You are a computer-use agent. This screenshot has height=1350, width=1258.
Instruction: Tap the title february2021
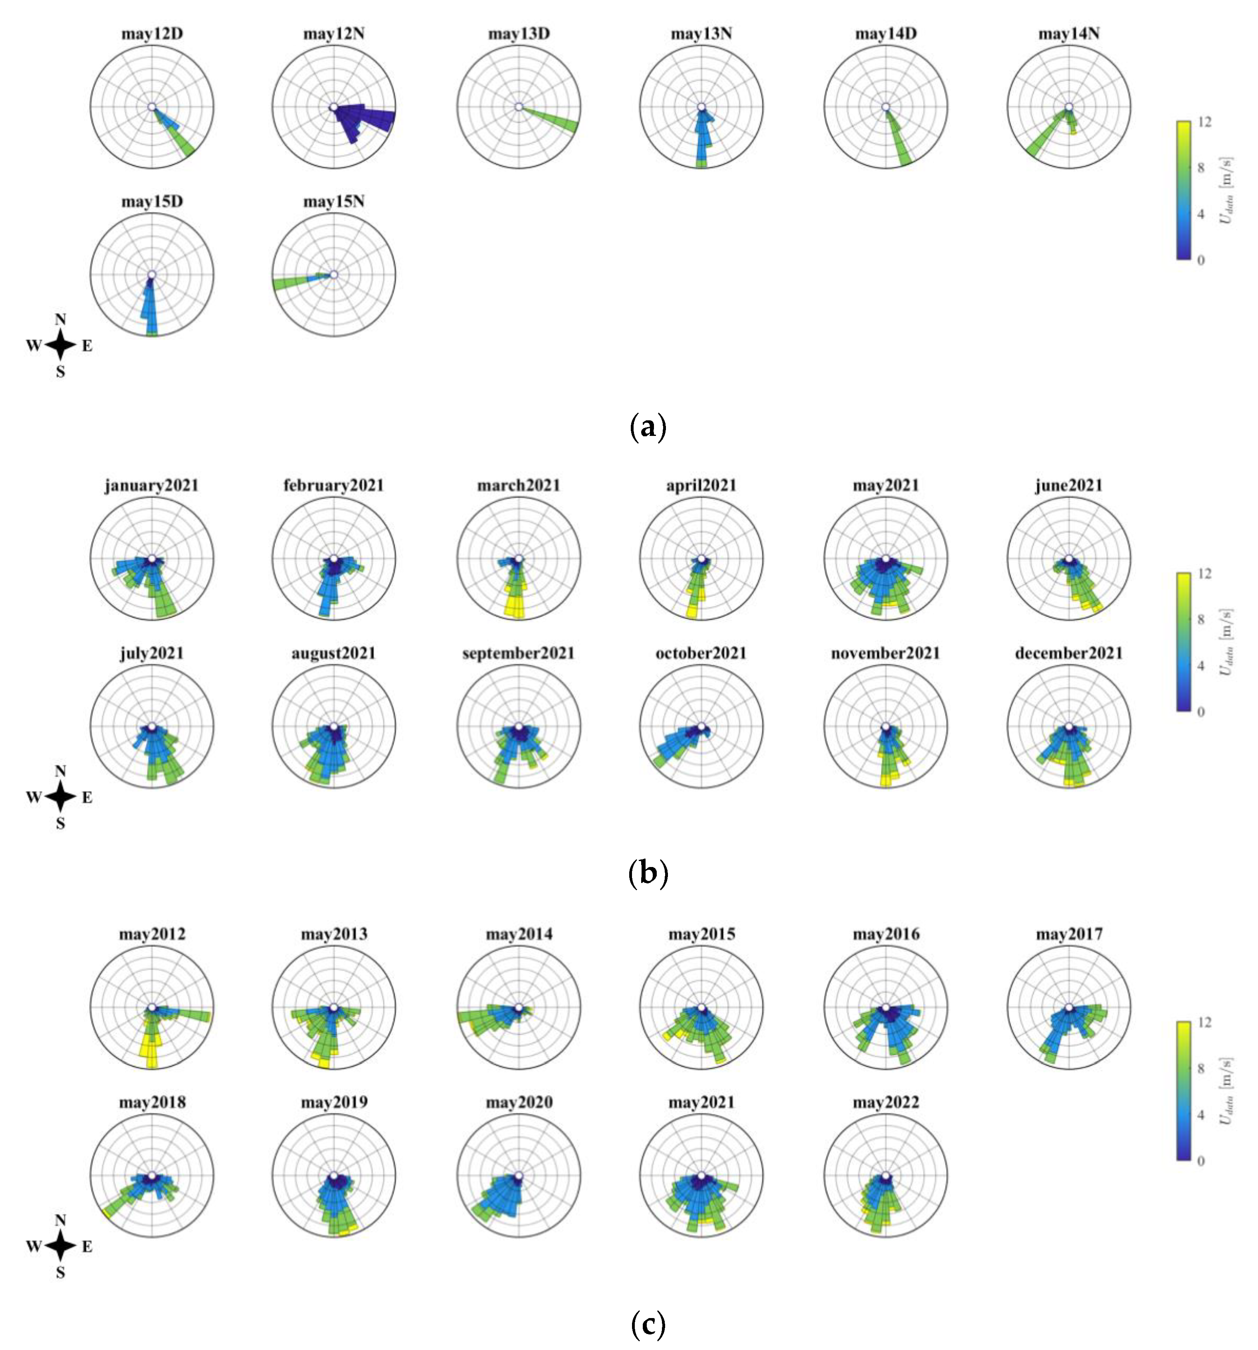[333, 485]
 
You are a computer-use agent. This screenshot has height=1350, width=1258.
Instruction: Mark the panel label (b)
[647, 873]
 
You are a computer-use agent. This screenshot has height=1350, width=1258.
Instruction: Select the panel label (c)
[647, 1323]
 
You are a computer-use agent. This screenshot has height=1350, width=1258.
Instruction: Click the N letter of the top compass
[60, 319]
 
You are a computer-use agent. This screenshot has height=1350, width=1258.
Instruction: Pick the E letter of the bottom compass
[87, 1246]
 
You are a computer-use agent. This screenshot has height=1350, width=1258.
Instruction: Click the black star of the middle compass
[60, 797]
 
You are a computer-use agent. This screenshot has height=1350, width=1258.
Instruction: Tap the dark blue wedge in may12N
[363, 117]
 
